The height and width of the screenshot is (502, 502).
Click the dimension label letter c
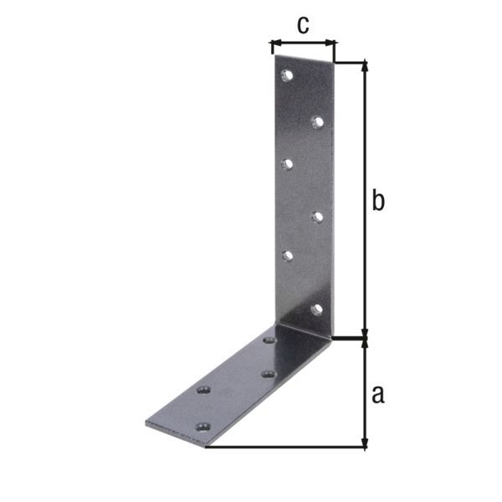coord(302,25)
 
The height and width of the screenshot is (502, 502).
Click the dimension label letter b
coord(378,202)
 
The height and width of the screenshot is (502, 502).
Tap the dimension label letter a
coord(378,393)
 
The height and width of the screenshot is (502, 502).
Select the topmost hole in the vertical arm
coord(287,76)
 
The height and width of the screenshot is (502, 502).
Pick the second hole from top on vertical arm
coord(317,122)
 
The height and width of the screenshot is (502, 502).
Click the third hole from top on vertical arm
coord(287,164)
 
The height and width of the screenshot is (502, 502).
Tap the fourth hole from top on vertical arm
coord(317,217)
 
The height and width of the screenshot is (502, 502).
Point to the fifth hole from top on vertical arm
coord(287,256)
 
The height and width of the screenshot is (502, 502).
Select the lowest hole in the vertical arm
coord(316,310)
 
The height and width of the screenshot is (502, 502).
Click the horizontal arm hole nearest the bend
coord(269,341)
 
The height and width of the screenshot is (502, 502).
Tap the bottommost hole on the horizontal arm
coord(201,427)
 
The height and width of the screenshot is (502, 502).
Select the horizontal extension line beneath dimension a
coord(284,447)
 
